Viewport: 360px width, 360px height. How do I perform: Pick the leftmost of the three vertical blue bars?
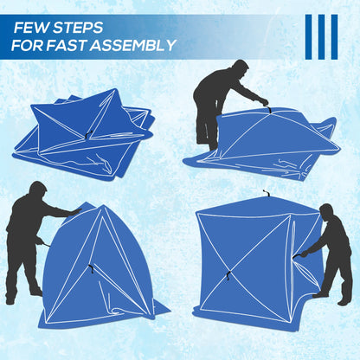[309, 36]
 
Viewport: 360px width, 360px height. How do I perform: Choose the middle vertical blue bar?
[322, 36]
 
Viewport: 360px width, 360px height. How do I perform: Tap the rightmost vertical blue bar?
[334, 36]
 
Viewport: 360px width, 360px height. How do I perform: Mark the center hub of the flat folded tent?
[89, 132]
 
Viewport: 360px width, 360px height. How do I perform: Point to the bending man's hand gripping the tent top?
[265, 101]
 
